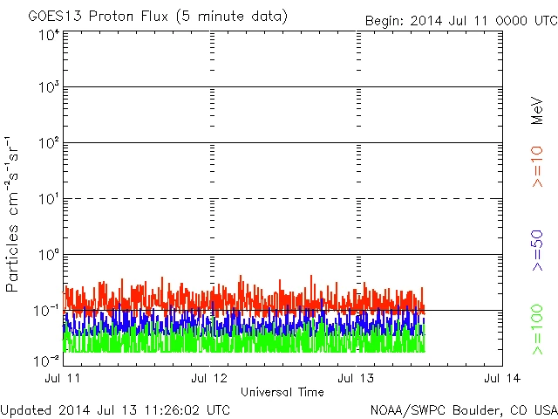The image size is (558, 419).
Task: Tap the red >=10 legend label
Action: (537, 167)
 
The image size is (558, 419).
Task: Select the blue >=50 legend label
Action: (537, 249)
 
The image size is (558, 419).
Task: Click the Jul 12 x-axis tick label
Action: (211, 378)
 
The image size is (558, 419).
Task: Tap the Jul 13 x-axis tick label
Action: (357, 378)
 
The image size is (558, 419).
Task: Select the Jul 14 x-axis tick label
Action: (502, 378)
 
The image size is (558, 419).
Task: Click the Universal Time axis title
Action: (282, 392)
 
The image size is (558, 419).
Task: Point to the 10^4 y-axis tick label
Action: (49, 35)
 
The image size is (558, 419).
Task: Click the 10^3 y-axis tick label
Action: (49, 87)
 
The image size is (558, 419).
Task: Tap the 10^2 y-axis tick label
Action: (49, 143)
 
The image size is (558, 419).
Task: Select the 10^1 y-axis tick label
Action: (49, 199)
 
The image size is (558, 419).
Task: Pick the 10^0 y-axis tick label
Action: (49, 255)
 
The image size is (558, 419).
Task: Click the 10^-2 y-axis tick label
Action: (47, 360)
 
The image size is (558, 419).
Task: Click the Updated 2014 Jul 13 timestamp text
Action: (116, 409)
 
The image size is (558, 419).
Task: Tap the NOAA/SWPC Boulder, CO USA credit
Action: (463, 409)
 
